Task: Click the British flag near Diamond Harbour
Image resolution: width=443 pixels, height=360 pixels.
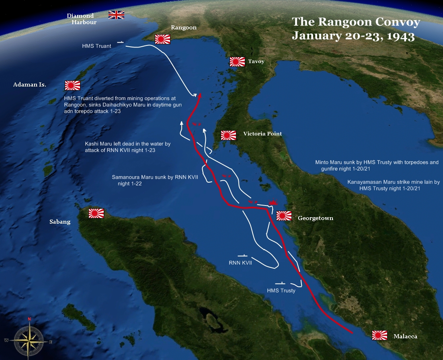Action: coord(116,15)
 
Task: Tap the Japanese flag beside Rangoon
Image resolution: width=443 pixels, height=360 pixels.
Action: coord(163,39)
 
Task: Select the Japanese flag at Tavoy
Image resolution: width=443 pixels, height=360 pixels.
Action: coord(237,62)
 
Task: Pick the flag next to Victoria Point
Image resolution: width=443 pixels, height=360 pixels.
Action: coord(228,135)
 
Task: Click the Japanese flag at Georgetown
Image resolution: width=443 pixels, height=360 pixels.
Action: coord(284,216)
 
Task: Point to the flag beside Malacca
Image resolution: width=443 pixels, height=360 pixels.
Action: coord(379,335)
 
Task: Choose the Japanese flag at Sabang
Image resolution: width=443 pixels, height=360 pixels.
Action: coord(96,213)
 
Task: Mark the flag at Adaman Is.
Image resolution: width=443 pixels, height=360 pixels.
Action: coord(72,85)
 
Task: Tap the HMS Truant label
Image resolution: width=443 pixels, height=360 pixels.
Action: coord(96,46)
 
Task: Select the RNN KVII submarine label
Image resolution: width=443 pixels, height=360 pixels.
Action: coord(240,263)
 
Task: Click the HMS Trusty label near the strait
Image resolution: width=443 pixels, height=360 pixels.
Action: coord(281,290)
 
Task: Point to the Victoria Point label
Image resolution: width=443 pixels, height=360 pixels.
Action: coord(263,134)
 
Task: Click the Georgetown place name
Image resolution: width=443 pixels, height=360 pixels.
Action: coord(315,218)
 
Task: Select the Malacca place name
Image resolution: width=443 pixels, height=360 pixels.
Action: coord(405,336)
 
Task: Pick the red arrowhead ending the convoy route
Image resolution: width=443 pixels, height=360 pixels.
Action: coord(199,96)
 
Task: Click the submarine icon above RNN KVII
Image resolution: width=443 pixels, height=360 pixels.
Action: coord(242,255)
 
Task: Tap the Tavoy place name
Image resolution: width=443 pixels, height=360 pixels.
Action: coord(256,62)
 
